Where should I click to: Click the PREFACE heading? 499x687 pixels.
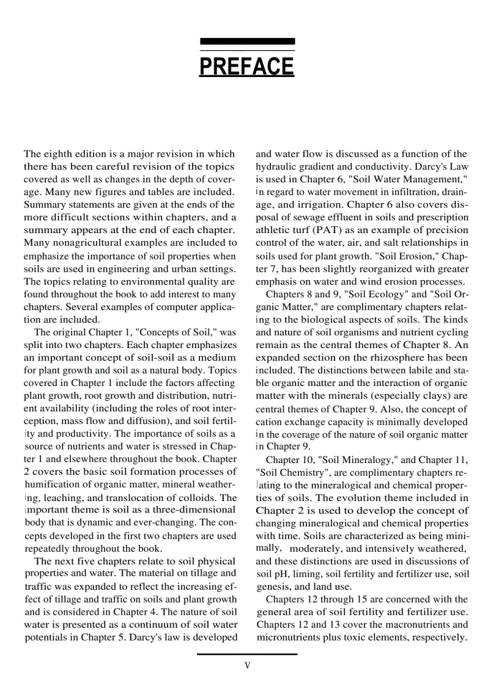pyautogui.click(x=246, y=65)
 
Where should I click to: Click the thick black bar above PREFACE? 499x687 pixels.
pyautogui.click(x=247, y=41)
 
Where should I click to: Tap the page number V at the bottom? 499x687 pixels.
pyautogui.click(x=247, y=665)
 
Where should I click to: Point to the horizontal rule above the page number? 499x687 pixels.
pyautogui.click(x=247, y=654)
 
